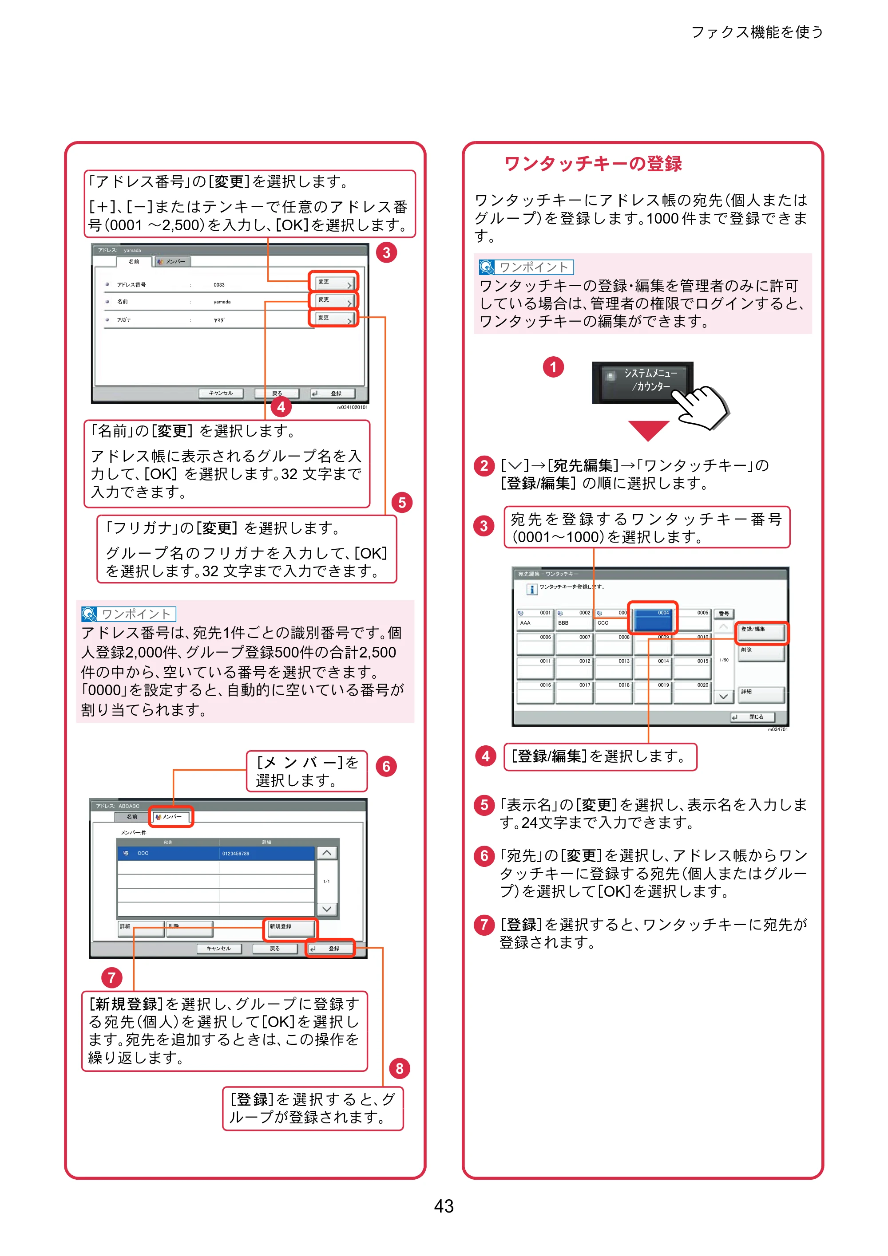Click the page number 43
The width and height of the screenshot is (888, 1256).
(444, 1206)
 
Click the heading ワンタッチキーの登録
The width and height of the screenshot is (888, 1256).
(593, 164)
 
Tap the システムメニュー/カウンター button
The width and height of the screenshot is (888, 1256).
(642, 382)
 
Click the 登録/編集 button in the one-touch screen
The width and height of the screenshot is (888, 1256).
(761, 632)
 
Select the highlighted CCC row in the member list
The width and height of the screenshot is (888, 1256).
(216, 854)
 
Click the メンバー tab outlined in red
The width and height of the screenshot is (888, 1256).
(171, 817)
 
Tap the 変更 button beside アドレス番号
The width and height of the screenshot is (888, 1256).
(333, 282)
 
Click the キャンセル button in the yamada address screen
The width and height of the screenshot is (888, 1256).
(221, 394)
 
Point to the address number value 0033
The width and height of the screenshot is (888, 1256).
(219, 285)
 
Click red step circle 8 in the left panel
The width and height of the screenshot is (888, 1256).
(399, 1068)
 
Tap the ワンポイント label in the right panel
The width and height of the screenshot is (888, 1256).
(526, 267)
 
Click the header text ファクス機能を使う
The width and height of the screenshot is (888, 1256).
(757, 32)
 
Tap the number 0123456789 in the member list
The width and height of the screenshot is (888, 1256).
(235, 854)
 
